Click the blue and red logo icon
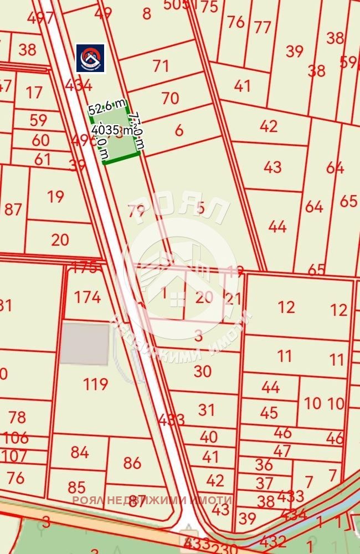coord(90,58)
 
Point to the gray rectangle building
coord(84,344)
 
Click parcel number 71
coord(161,66)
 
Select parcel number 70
coord(170,99)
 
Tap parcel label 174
coord(88,297)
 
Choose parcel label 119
coord(95,383)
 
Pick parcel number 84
coord(80,453)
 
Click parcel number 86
coord(132,463)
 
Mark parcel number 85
coord(76,488)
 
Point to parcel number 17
coord(34,92)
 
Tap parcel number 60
coord(40,140)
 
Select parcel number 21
coord(234,299)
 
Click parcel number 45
coord(269,413)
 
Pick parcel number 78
coord(17,417)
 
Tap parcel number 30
coord(203,371)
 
